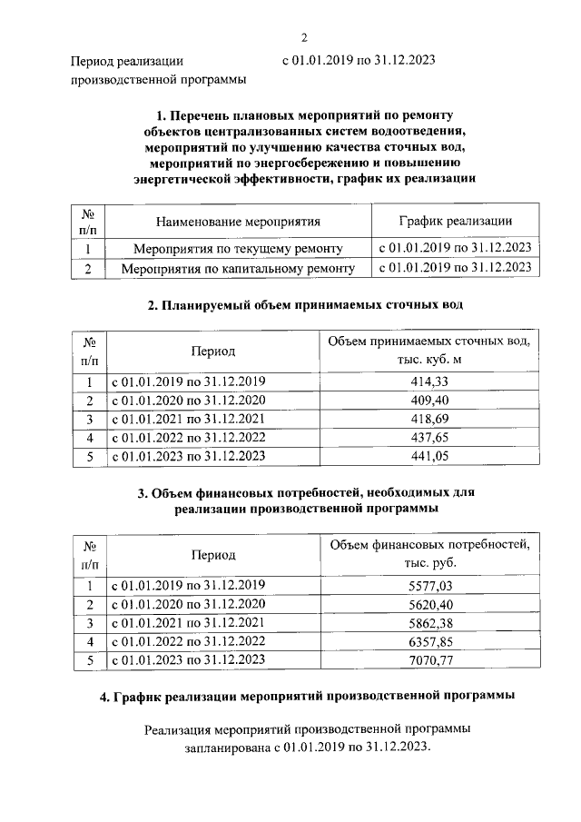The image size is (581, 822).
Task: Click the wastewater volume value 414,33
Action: (x=430, y=382)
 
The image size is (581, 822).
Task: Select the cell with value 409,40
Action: (x=430, y=401)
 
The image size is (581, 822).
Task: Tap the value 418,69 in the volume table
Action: (x=430, y=419)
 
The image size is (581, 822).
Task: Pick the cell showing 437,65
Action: (x=430, y=437)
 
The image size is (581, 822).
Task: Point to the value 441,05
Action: (x=430, y=456)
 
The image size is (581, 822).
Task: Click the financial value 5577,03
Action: (x=430, y=587)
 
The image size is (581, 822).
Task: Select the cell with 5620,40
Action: (x=430, y=605)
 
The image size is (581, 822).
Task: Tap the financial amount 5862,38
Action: (x=430, y=623)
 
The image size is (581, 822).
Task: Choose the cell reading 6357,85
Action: (x=430, y=641)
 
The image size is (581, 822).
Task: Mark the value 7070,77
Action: (x=430, y=660)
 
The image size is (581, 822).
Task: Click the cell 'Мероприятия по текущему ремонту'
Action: (x=238, y=249)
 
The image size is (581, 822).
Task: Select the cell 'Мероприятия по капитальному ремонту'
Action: (x=238, y=268)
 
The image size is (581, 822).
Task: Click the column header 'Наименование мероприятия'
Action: (x=238, y=221)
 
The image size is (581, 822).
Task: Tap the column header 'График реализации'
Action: (x=456, y=221)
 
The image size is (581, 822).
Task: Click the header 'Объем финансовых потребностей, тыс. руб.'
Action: (x=430, y=553)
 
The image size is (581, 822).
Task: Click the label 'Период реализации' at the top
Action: (x=127, y=62)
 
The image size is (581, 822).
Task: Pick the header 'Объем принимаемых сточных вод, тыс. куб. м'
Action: (x=430, y=350)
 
